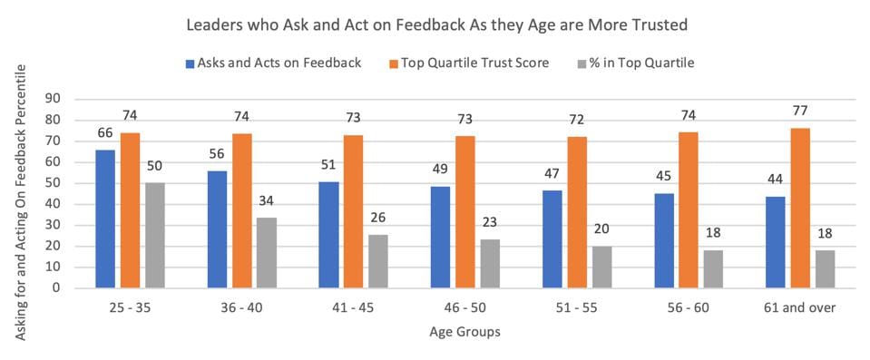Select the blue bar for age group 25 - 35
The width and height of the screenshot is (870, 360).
[x=106, y=219]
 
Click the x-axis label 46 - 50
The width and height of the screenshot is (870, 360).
[x=464, y=308]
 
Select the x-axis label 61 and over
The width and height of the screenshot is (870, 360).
[x=798, y=308]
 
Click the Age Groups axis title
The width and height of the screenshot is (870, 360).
[x=464, y=332]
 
